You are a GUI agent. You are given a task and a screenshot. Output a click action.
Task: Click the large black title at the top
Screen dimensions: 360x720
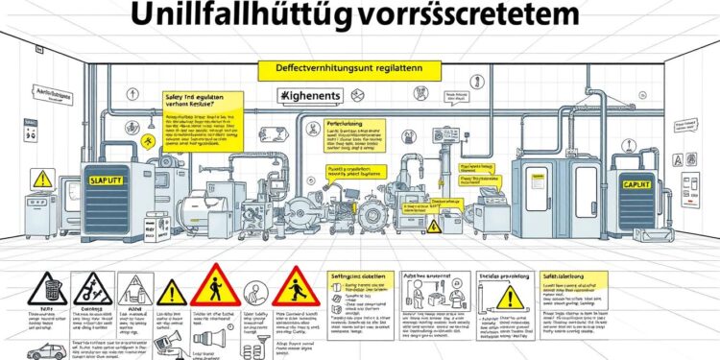pos(360,17)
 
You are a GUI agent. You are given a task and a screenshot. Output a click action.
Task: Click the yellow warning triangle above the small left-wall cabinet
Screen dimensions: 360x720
pos(42,179)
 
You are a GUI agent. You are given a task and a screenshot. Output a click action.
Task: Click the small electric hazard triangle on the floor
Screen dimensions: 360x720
pos(433,227)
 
